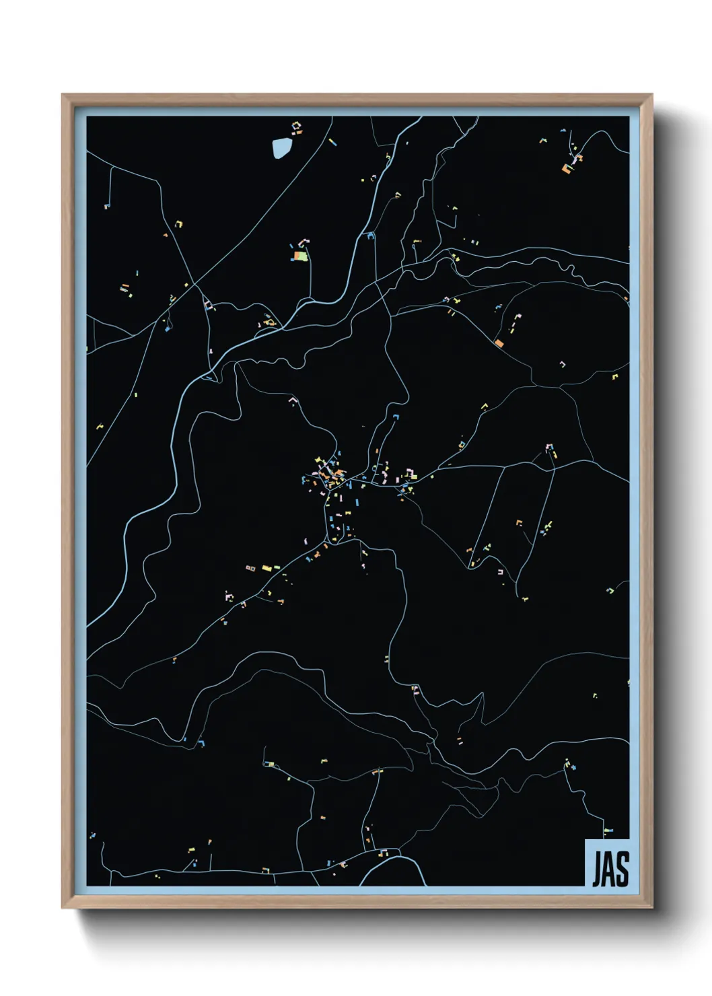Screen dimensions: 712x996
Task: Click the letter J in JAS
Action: pyautogui.click(x=596, y=869)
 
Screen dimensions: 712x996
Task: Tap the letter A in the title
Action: pyautogui.click(x=610, y=869)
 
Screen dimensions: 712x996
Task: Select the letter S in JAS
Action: pyautogui.click(x=622, y=869)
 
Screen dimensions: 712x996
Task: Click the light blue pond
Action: pyautogui.click(x=281, y=148)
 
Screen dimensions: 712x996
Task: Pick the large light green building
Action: pyautogui.click(x=302, y=256)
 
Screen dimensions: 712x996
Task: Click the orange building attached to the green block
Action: pyautogui.click(x=295, y=256)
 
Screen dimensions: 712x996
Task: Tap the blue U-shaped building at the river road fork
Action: pyautogui.click(x=369, y=235)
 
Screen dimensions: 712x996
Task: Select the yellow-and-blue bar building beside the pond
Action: pyautogui.click(x=331, y=141)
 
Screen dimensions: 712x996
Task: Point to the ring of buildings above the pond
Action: pyautogui.click(x=295, y=126)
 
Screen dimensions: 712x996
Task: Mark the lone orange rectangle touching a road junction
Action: pyautogui.click(x=499, y=343)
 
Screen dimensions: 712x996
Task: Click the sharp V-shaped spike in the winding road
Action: pyautogui.click(x=481, y=696)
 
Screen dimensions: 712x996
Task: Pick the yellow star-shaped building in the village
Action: pyautogui.click(x=319, y=461)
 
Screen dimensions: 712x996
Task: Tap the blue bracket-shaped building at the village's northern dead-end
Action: pyautogui.click(x=396, y=417)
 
